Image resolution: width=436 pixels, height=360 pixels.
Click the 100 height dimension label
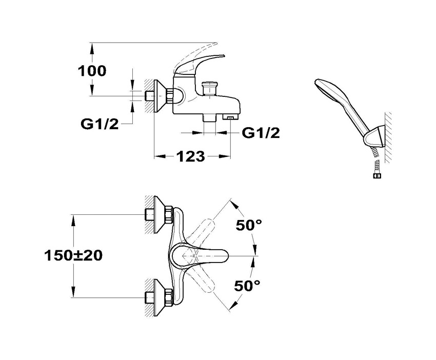pos(92,70)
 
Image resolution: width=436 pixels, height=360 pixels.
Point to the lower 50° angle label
pos(249,286)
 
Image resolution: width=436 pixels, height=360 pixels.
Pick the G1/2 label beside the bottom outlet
pos(261,133)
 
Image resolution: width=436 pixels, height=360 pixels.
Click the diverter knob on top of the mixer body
pos(209,87)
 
